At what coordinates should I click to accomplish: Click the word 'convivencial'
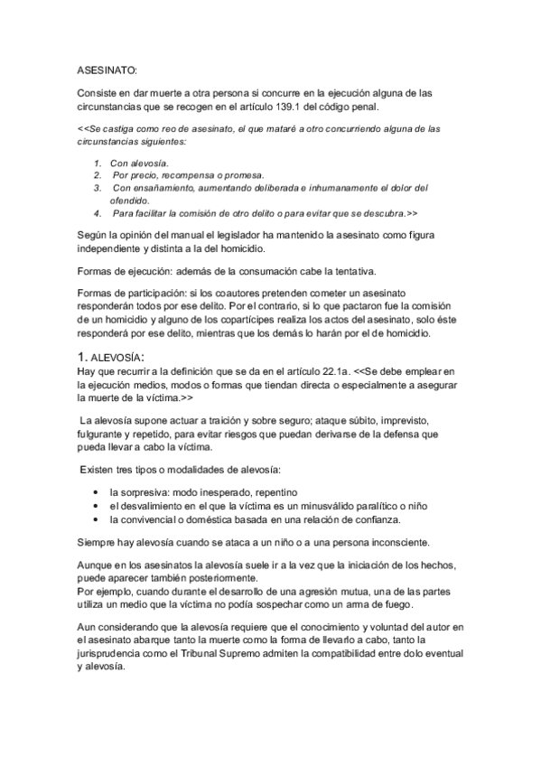click(x=151, y=519)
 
